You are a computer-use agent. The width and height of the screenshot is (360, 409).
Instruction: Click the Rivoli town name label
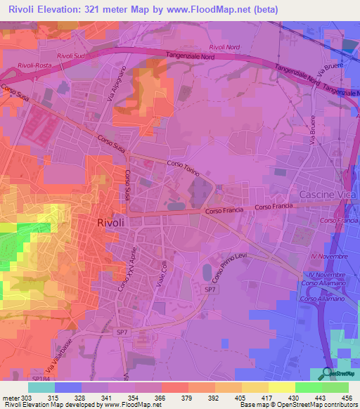pos(110,222)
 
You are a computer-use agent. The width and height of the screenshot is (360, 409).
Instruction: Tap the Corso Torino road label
pos(184,168)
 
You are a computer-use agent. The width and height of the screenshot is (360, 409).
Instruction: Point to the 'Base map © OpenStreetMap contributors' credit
pos(297,405)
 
